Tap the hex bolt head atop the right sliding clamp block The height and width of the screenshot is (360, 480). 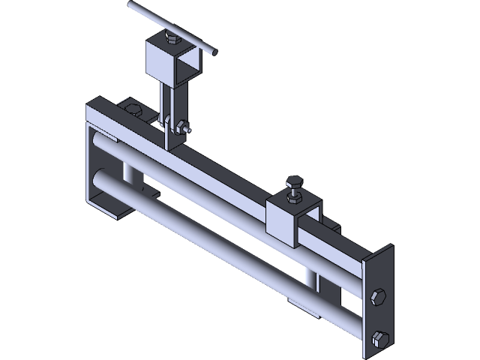click(293, 181)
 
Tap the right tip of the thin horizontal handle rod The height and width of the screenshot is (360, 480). click(215, 52)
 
